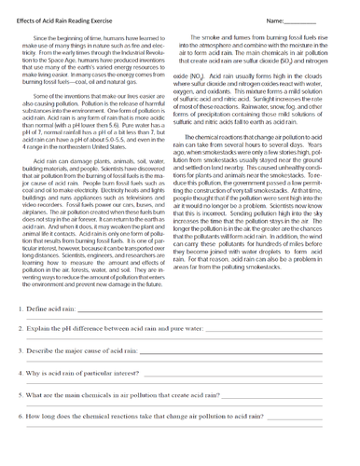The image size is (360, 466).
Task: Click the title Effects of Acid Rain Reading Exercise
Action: click(72, 20)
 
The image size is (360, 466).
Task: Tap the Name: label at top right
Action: click(277, 20)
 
